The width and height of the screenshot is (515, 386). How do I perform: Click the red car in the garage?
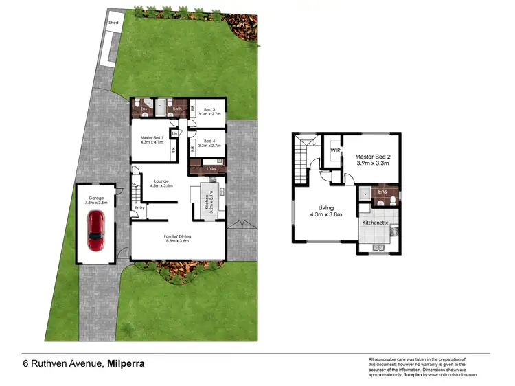pos(95,230)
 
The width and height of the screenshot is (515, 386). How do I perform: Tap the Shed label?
pos(113,23)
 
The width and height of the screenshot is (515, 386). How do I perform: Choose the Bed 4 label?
pos(209,142)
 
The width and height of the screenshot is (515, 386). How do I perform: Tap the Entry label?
pos(139,207)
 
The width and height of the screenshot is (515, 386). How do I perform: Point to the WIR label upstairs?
pos(336,150)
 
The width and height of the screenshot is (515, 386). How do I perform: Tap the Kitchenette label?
pos(376,223)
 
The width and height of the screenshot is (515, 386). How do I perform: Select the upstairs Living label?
pos(325,209)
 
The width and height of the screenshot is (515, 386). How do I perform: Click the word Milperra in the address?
pos(126,363)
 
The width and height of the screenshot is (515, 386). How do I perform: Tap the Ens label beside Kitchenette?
pos(383,192)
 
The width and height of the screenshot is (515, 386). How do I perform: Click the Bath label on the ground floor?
pos(176,108)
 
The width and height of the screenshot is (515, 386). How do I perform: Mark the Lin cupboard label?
pos(175,132)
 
